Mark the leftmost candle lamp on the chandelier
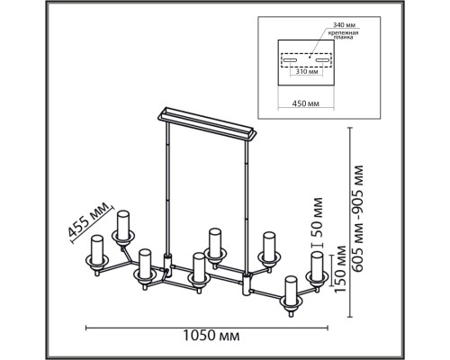tap(96, 252)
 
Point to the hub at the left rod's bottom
tap(167, 266)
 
